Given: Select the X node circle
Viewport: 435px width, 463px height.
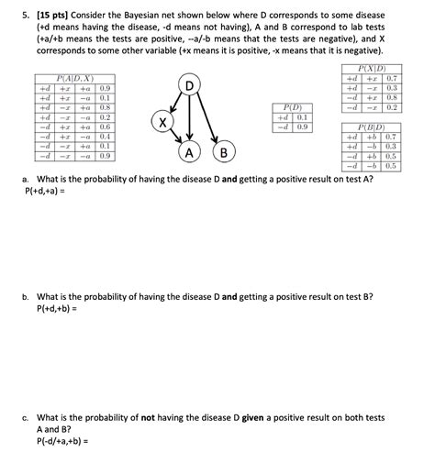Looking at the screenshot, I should (x=162, y=122).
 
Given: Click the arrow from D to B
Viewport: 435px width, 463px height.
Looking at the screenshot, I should (x=207, y=117).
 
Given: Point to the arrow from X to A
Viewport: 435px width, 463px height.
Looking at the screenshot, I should (x=174, y=136).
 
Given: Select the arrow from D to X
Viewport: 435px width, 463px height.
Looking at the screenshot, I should (x=175, y=103).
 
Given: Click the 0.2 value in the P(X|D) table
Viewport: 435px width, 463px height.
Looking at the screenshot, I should (x=391, y=106).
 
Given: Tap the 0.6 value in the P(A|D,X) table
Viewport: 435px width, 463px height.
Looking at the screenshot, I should (x=105, y=127).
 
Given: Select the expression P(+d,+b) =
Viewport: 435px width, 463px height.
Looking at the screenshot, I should (x=54, y=309).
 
